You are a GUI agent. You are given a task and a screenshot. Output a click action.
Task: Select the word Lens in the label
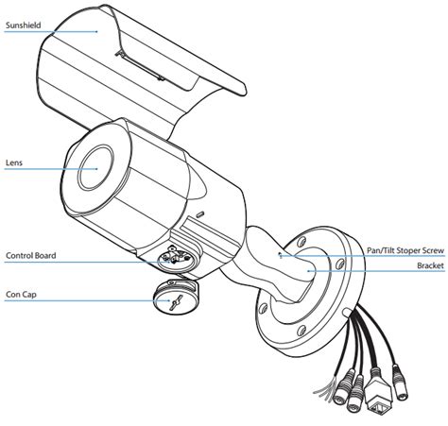tap(13, 162)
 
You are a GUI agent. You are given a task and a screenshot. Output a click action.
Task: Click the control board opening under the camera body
tap(175, 258)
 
